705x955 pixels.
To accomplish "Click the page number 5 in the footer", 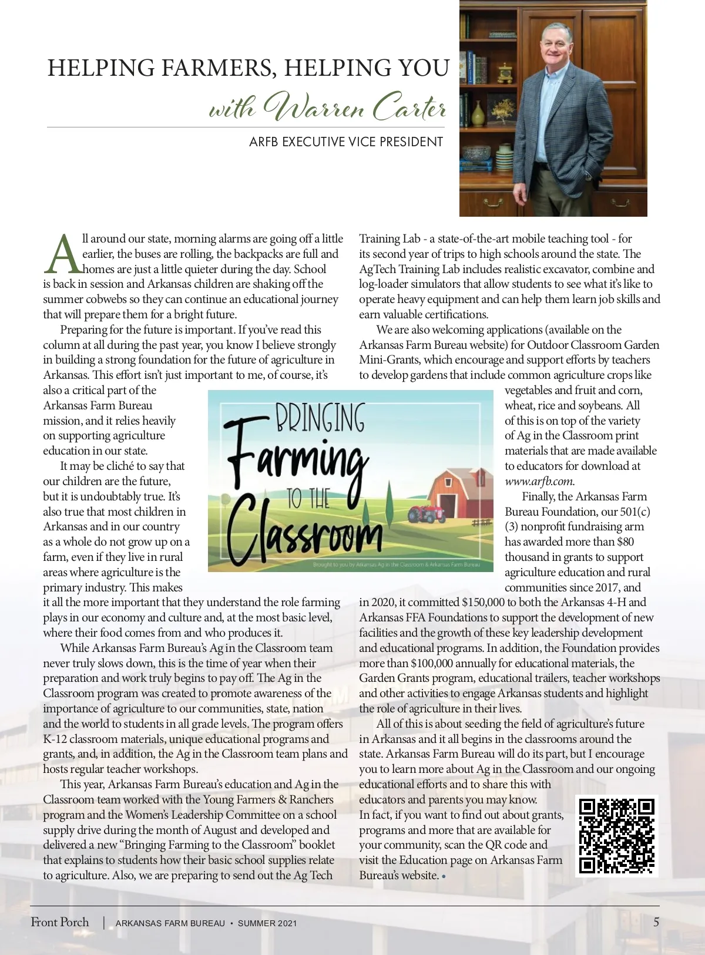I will click(656, 922).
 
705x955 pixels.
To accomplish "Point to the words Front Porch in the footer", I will click(60, 922).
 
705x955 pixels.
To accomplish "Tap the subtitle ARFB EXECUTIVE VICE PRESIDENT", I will click(346, 142).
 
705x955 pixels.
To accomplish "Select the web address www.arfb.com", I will click(539, 481).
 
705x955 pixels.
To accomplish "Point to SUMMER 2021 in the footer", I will click(267, 923).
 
